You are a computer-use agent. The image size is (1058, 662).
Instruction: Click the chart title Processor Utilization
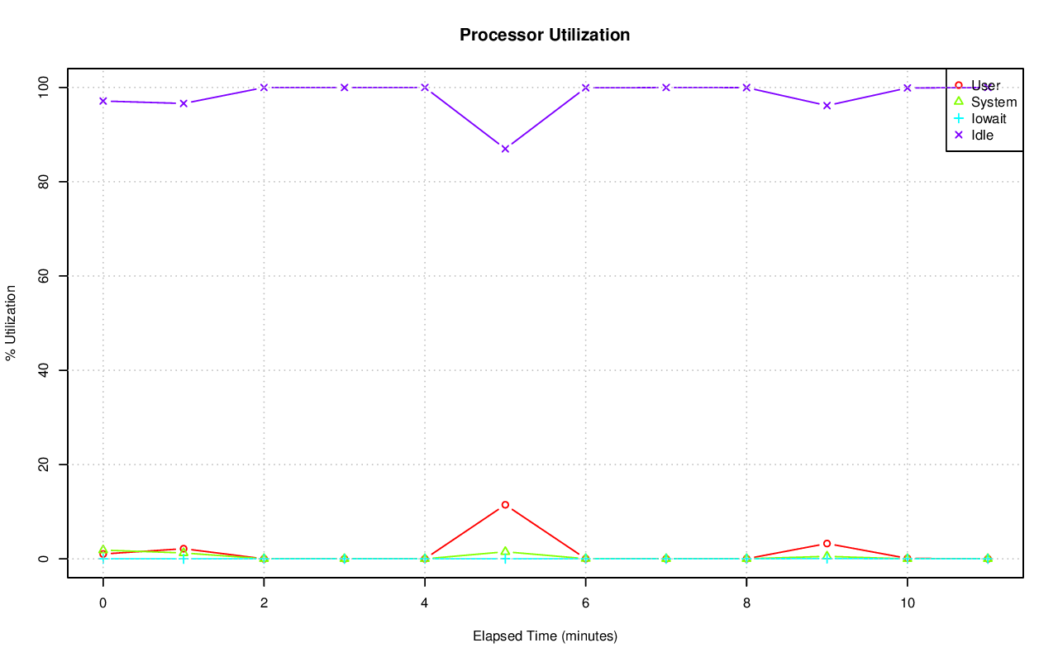tap(545, 35)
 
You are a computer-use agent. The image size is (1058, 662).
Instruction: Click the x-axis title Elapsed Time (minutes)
tap(545, 636)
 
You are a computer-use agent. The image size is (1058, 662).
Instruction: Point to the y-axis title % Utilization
tap(11, 322)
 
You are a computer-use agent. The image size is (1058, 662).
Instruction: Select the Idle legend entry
tap(982, 135)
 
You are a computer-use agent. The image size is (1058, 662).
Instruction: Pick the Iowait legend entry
tap(988, 118)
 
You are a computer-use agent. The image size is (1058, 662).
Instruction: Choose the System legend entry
tap(994, 102)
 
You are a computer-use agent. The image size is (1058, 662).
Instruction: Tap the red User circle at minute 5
tap(505, 504)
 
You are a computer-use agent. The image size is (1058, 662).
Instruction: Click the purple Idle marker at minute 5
tap(505, 149)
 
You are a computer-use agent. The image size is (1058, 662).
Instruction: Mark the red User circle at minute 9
tap(827, 544)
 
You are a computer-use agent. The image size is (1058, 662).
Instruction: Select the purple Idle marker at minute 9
tap(827, 105)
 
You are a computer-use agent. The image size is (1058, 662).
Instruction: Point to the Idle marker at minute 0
tap(102, 101)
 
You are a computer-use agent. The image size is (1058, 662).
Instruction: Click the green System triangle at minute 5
tap(505, 551)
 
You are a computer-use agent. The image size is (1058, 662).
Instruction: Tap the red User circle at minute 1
tap(183, 549)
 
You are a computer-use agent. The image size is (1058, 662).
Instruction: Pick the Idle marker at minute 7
tap(666, 88)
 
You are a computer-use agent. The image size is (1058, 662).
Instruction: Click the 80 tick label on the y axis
tap(44, 181)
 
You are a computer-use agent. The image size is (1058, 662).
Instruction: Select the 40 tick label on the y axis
tap(44, 370)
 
